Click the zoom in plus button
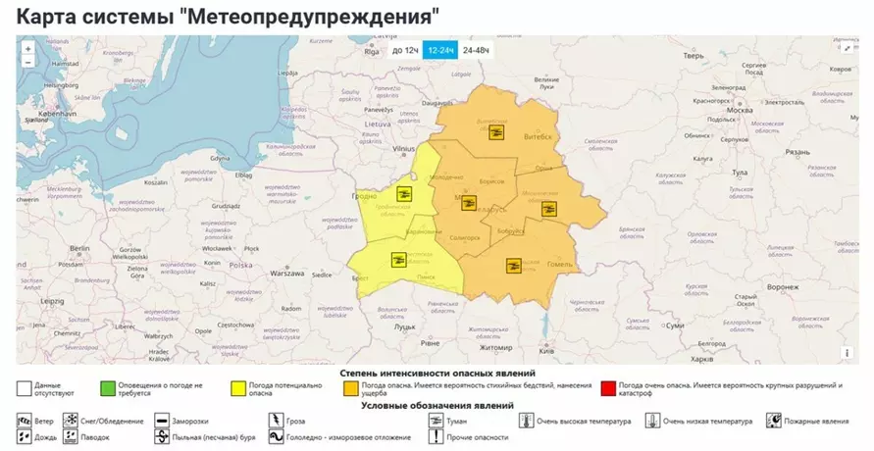27,48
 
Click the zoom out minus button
27,62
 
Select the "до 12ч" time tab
405,49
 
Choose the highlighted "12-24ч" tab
440,49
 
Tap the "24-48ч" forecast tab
477,49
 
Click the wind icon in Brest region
398,259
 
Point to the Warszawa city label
288,274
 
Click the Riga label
371,54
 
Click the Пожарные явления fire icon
775,421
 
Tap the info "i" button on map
846,352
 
